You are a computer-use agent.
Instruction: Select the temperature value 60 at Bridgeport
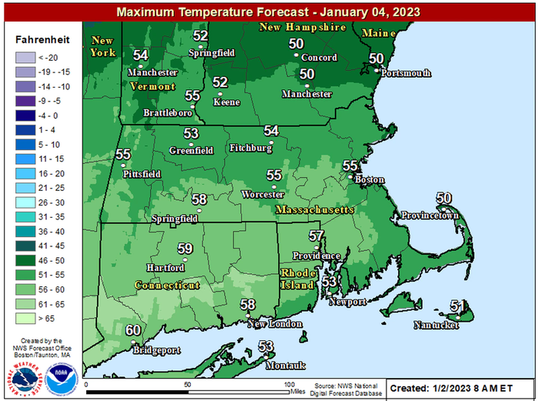[x=133, y=330]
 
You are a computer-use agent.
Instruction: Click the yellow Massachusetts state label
[x=314, y=209]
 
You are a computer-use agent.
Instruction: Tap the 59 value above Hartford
[x=185, y=249]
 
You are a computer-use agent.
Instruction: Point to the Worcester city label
[x=263, y=194]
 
